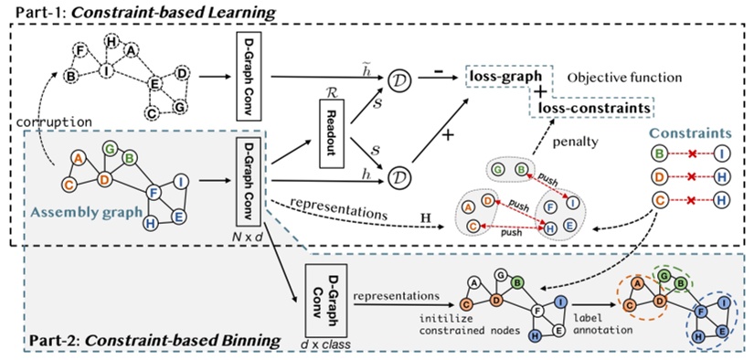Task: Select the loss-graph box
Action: pos(502,78)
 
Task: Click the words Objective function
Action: pos(617,78)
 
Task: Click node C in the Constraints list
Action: pos(662,200)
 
